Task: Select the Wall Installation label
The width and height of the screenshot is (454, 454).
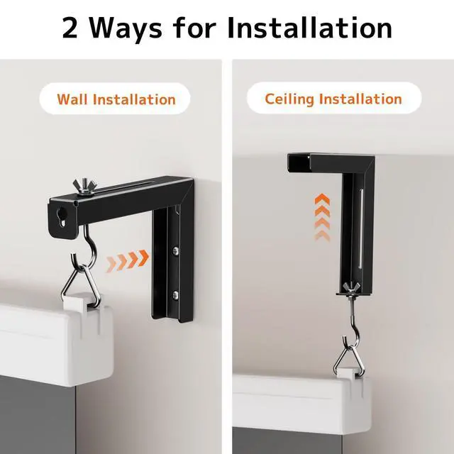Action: [116, 99]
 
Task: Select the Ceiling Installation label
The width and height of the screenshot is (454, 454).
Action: [333, 99]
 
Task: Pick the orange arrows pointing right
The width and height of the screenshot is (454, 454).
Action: [128, 260]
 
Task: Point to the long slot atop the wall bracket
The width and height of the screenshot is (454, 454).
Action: [135, 187]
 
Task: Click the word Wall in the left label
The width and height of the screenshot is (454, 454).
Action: [71, 99]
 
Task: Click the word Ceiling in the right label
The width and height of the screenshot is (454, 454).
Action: [289, 99]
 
